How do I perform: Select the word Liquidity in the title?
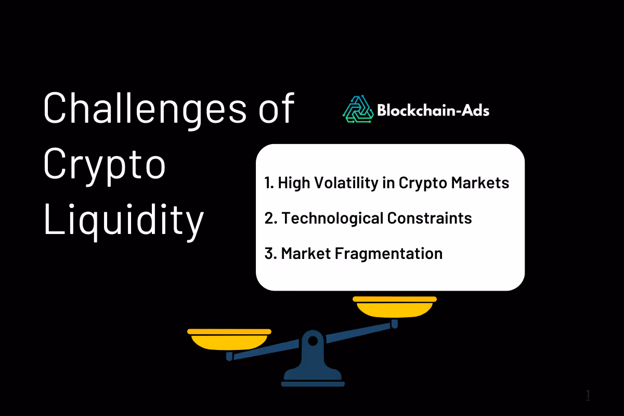click(x=123, y=219)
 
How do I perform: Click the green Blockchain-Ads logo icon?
click(x=358, y=109)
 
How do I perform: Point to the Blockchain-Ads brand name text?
click(x=433, y=110)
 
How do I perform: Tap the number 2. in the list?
click(x=270, y=218)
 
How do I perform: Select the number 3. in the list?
click(x=270, y=253)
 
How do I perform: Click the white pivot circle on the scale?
click(x=313, y=341)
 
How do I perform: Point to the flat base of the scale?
click(x=312, y=384)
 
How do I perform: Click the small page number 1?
click(x=588, y=395)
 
